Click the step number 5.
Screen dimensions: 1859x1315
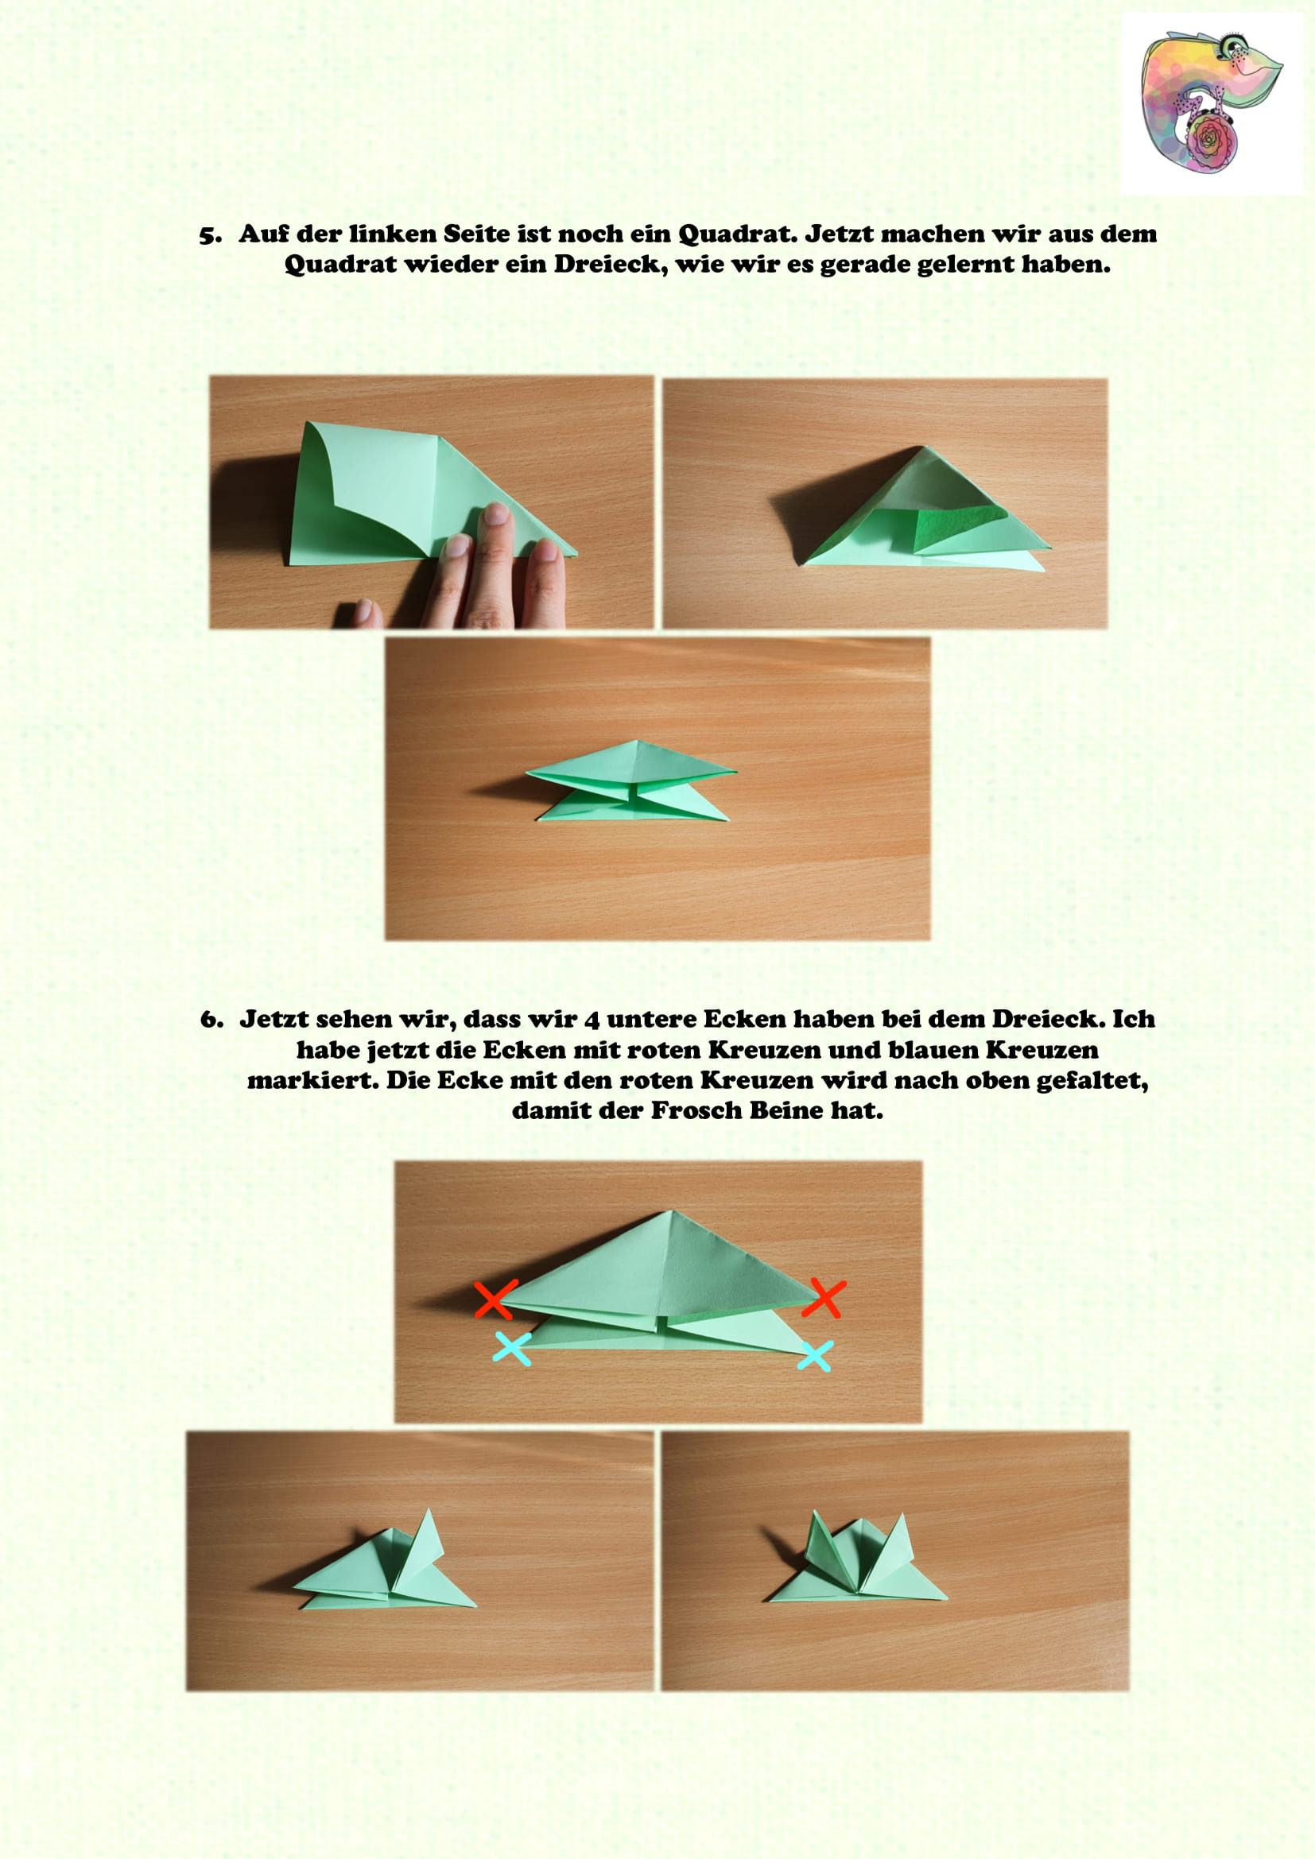point(210,235)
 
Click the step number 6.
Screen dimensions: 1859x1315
point(211,1021)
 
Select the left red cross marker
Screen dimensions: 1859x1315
point(495,1299)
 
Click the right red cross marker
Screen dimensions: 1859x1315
point(824,1299)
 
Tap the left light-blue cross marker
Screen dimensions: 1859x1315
point(513,1350)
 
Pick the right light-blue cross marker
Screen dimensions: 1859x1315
point(815,1356)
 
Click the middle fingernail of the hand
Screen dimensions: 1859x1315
point(495,514)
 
